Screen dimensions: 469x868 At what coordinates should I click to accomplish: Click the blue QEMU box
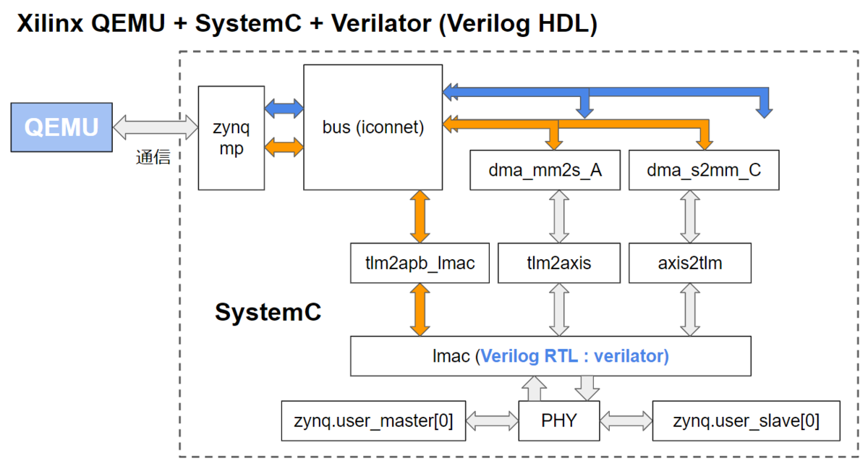click(61, 127)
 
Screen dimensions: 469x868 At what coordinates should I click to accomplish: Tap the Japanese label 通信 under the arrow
click(153, 158)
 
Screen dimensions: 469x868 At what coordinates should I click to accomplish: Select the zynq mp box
click(231, 138)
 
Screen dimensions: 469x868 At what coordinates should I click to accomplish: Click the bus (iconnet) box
click(373, 127)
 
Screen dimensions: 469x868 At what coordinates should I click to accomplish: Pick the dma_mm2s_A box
click(545, 171)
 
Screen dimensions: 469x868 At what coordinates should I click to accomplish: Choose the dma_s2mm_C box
click(704, 171)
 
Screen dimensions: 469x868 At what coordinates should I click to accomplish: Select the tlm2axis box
click(558, 263)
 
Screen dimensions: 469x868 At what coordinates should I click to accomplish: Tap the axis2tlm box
click(689, 263)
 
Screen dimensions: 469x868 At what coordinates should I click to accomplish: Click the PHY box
click(559, 420)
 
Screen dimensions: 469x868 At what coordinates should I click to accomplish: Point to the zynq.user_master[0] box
click(374, 420)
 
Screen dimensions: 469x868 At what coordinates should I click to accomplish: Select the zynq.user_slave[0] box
click(746, 420)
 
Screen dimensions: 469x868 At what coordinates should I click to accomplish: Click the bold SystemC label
click(268, 313)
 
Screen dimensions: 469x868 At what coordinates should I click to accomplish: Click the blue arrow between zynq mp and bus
click(285, 109)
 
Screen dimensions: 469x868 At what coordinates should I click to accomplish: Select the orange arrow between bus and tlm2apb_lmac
click(420, 216)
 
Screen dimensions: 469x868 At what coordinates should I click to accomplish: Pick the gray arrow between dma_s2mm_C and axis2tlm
click(690, 216)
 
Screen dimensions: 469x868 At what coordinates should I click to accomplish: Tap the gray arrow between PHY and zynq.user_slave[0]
click(626, 420)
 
